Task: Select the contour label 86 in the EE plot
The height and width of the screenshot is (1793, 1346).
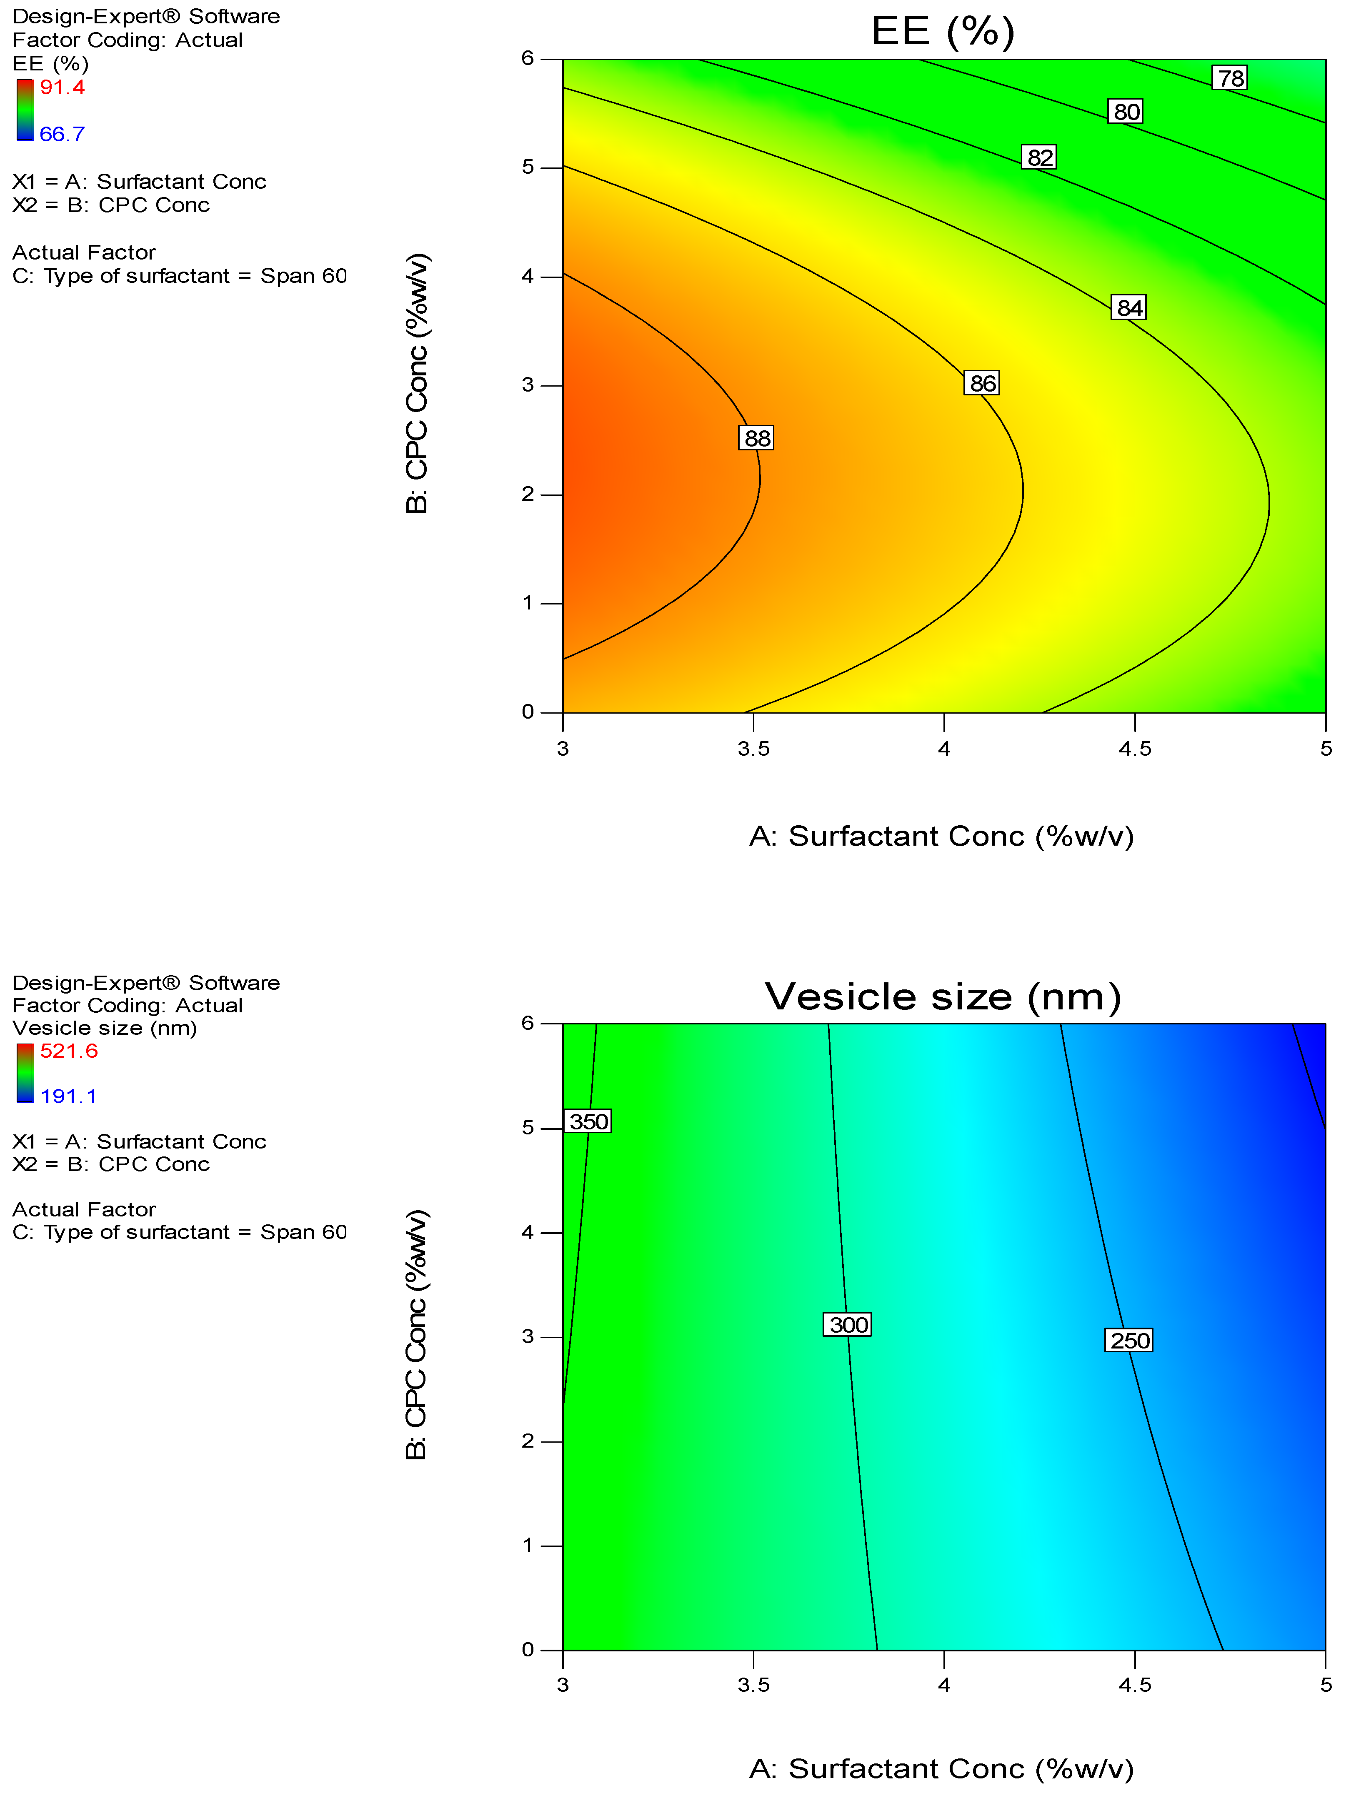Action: pos(982,382)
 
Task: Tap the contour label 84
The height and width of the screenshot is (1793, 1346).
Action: pos(1129,307)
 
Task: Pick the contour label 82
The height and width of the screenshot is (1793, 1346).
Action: pos(1039,157)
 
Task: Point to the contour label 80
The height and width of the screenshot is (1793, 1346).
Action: pos(1126,111)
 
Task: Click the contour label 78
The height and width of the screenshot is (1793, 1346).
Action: pos(1230,78)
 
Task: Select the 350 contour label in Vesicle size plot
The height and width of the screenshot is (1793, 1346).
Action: pos(588,1121)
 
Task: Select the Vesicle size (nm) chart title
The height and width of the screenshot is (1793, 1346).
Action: pos(942,996)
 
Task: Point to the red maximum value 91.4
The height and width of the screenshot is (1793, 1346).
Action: pos(63,87)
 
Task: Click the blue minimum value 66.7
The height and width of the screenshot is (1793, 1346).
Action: pos(63,134)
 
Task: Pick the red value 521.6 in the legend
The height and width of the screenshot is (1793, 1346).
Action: pos(69,1051)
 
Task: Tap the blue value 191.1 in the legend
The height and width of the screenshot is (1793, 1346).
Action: pos(69,1096)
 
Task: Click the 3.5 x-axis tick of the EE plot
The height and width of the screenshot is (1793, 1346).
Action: pos(753,748)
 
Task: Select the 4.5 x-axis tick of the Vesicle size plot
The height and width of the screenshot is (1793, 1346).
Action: pos(1134,1684)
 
